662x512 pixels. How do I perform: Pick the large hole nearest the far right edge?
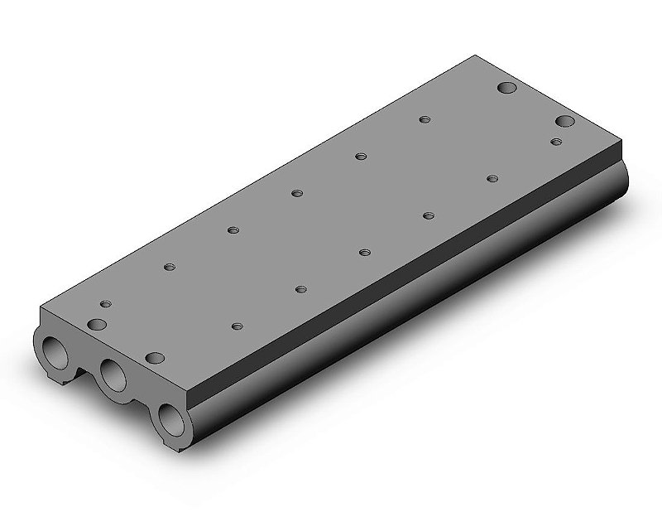pyautogui.click(x=565, y=122)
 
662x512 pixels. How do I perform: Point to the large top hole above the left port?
pyautogui.click(x=98, y=323)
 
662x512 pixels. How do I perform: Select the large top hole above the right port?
pyautogui.click(x=155, y=358)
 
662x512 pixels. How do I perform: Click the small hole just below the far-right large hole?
pyautogui.click(x=557, y=142)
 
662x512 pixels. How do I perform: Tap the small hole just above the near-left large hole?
pyautogui.click(x=105, y=305)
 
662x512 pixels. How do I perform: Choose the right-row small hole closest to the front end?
pyautogui.click(x=238, y=327)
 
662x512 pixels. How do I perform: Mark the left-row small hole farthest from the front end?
pyautogui.click(x=424, y=119)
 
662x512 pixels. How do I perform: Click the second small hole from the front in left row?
pyautogui.click(x=233, y=229)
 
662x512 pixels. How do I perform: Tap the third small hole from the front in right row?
pyautogui.click(x=364, y=252)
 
